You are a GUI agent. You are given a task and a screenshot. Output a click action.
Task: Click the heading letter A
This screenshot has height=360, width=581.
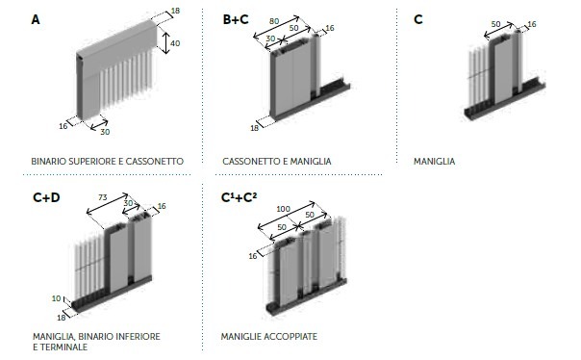click(36, 19)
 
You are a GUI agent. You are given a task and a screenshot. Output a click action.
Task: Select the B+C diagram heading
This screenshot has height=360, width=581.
click(236, 19)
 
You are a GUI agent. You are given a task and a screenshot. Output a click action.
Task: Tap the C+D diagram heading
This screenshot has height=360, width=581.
click(46, 197)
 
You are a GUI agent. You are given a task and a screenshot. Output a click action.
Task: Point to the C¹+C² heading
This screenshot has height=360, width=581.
click(239, 197)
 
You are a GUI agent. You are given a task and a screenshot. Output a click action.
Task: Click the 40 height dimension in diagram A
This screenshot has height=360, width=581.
click(175, 43)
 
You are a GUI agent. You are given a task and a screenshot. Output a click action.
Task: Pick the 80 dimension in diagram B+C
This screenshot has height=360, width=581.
click(274, 21)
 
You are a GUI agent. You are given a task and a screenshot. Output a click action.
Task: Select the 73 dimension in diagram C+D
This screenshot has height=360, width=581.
click(103, 197)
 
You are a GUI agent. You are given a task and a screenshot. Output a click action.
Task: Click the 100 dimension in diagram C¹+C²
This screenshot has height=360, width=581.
click(283, 209)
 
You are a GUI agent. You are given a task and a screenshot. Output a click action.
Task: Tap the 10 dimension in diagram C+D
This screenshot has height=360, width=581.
click(56, 298)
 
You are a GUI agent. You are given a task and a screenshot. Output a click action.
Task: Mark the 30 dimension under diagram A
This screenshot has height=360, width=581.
click(105, 132)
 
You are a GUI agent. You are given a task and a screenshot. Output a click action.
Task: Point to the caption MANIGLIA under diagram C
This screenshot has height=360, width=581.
click(434, 162)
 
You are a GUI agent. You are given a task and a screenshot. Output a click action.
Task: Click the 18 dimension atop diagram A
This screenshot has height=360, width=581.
click(176, 11)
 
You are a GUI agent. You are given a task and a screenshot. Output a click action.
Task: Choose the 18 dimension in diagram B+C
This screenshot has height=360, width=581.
click(254, 128)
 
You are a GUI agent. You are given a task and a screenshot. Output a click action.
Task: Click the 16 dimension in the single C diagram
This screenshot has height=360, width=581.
click(532, 24)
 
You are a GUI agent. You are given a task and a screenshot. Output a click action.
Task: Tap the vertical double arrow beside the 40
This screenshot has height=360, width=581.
click(166, 42)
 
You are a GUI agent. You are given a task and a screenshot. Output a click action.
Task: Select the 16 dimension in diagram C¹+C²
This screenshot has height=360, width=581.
click(253, 256)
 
